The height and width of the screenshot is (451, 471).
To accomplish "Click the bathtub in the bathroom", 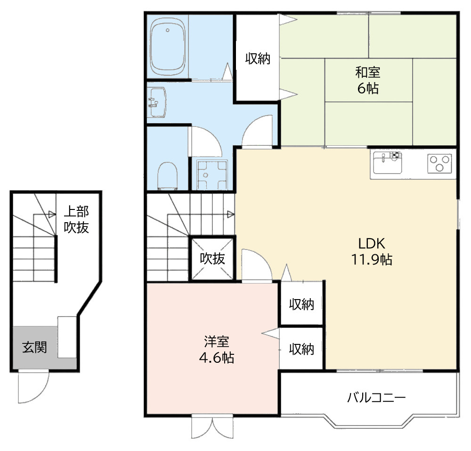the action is (167, 47).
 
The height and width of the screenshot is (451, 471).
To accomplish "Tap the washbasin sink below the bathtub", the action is (157, 102).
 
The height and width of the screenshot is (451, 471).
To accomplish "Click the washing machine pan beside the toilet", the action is (212, 175).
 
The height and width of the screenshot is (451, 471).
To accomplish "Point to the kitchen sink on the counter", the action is (388, 163).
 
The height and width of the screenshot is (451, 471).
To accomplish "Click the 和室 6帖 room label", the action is (368, 80).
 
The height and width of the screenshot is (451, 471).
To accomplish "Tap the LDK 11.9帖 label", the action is (372, 251).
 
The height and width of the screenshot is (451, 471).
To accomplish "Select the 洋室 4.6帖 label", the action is (217, 350).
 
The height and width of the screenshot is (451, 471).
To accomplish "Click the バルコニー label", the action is (376, 398).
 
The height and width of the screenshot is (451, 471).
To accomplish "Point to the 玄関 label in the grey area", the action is (34, 348).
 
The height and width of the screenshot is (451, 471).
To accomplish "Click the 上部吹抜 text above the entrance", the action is (76, 219).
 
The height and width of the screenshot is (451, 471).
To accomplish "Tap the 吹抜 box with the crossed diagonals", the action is (212, 259).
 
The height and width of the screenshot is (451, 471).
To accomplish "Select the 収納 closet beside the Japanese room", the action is (258, 58).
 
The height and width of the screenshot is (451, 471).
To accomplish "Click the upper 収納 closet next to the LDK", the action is (301, 304).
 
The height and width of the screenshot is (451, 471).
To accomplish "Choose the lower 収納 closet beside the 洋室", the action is (301, 349).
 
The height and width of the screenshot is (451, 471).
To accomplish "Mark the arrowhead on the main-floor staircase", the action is (231, 215).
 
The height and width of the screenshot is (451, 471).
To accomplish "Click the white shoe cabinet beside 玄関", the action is (67, 337).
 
